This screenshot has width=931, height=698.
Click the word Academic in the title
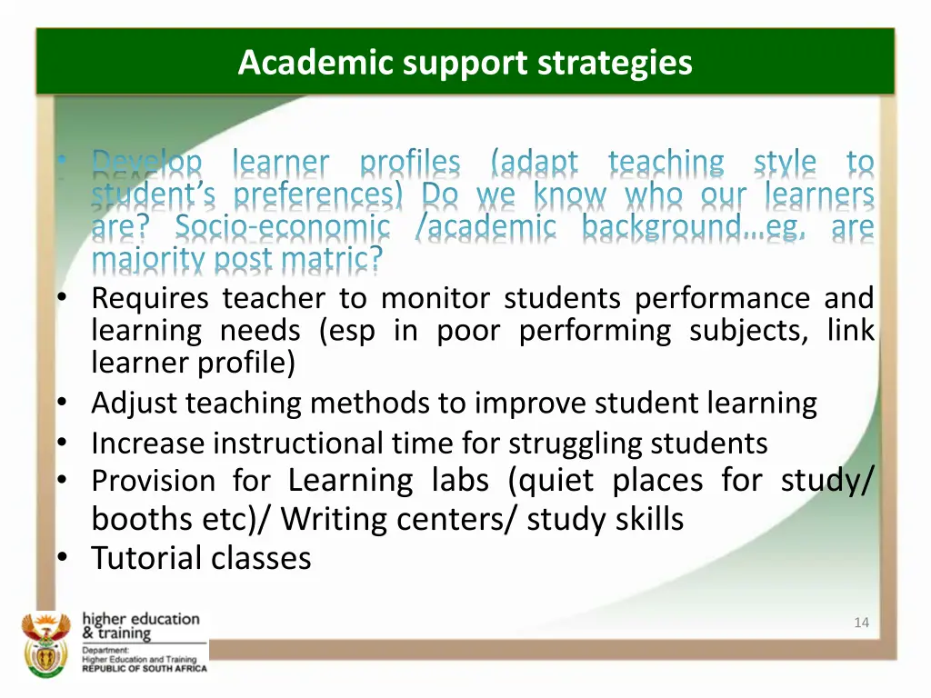tap(291, 63)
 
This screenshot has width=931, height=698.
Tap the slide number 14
tap(861, 623)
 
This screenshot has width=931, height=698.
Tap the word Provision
tap(153, 480)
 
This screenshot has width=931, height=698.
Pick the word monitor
tap(433, 298)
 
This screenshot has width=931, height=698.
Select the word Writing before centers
tap(333, 519)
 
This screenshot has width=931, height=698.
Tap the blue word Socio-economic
tap(282, 227)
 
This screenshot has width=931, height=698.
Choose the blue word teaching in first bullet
tap(666, 163)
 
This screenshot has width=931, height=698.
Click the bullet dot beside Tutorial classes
tap(60, 558)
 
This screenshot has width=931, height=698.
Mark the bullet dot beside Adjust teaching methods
tap(60, 404)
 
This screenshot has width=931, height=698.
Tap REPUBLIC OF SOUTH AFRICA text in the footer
tap(145, 668)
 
